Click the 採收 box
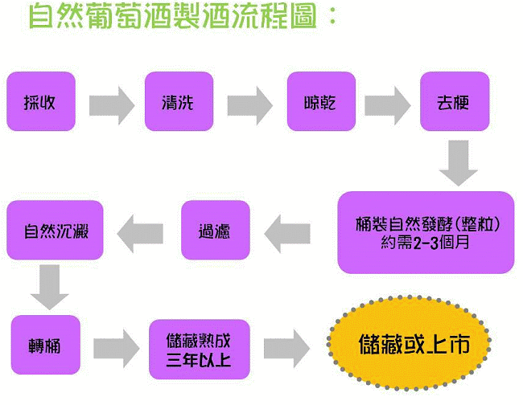(40, 101)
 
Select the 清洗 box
(179, 101)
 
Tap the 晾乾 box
(320, 101)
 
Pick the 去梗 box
(453, 101)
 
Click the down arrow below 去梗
(458, 163)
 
